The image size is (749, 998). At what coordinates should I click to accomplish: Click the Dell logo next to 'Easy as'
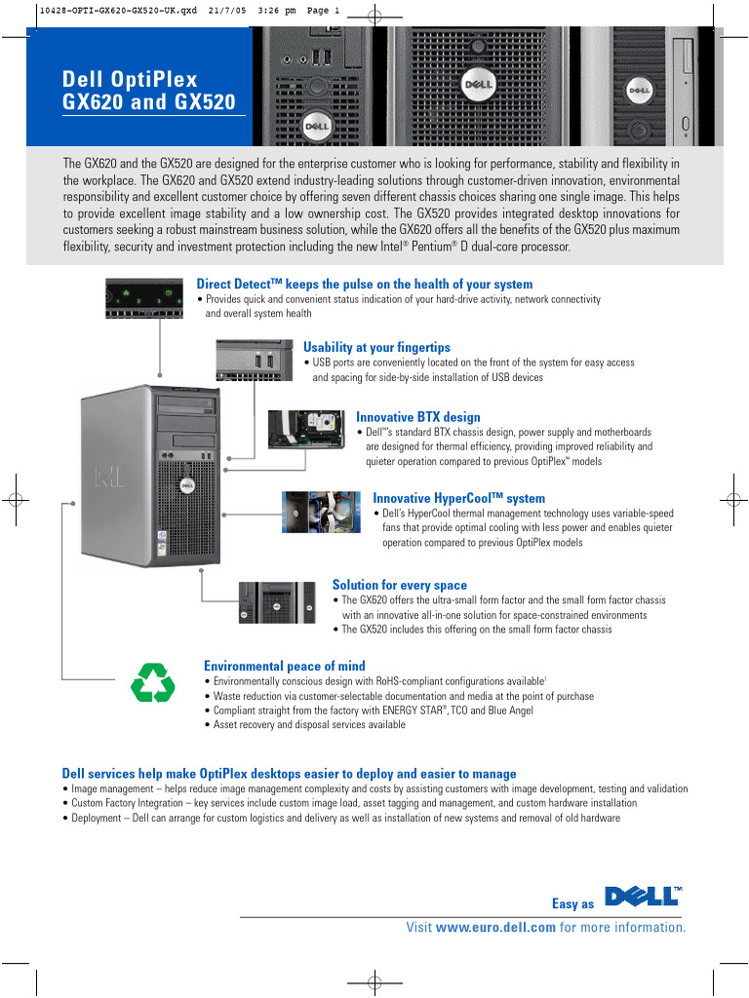(x=643, y=898)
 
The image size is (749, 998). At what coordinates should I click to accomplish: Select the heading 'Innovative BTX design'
(x=417, y=417)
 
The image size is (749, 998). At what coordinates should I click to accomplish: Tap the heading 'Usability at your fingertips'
(x=376, y=347)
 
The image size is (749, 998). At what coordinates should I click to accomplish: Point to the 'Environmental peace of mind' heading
(x=284, y=666)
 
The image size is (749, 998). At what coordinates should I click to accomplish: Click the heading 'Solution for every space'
(x=399, y=585)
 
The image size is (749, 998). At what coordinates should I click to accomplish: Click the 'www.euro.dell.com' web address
(x=495, y=927)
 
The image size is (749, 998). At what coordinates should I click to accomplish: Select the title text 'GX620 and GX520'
(x=148, y=101)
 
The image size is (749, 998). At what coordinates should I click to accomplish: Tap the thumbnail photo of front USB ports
(x=254, y=360)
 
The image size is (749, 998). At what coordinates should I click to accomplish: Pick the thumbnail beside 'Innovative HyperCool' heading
(x=322, y=511)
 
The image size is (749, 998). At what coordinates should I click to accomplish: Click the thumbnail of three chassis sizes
(x=277, y=602)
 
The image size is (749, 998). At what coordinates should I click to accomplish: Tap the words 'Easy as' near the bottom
(x=572, y=903)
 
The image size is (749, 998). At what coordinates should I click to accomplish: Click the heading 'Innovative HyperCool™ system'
(x=458, y=498)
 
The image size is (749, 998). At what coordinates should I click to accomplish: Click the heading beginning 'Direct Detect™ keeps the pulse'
(x=365, y=284)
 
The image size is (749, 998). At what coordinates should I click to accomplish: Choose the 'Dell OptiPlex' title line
(x=130, y=79)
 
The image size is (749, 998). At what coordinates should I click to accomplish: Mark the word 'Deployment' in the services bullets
(x=97, y=818)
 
